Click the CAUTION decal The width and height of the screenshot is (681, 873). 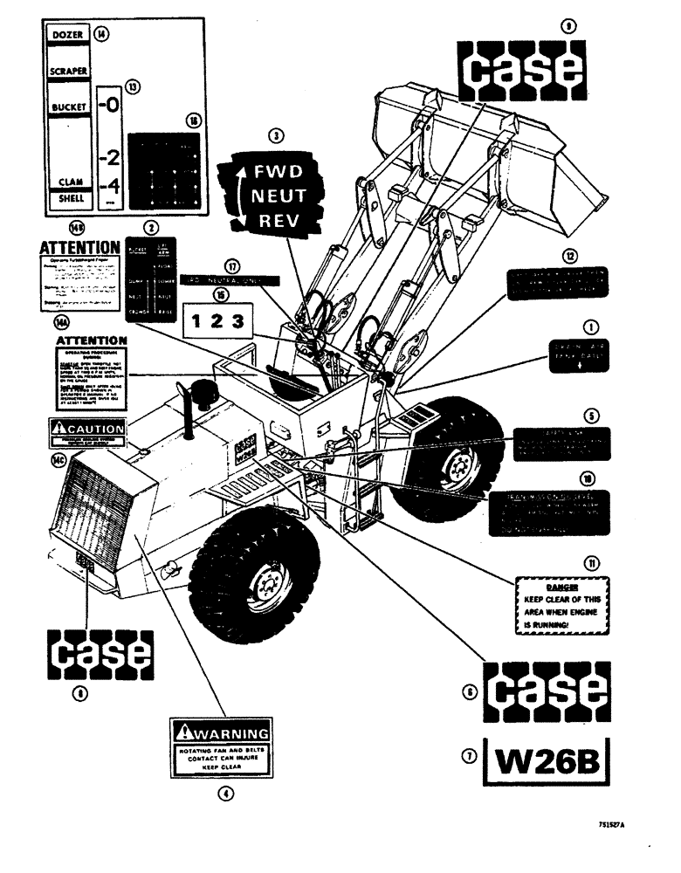(88, 430)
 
